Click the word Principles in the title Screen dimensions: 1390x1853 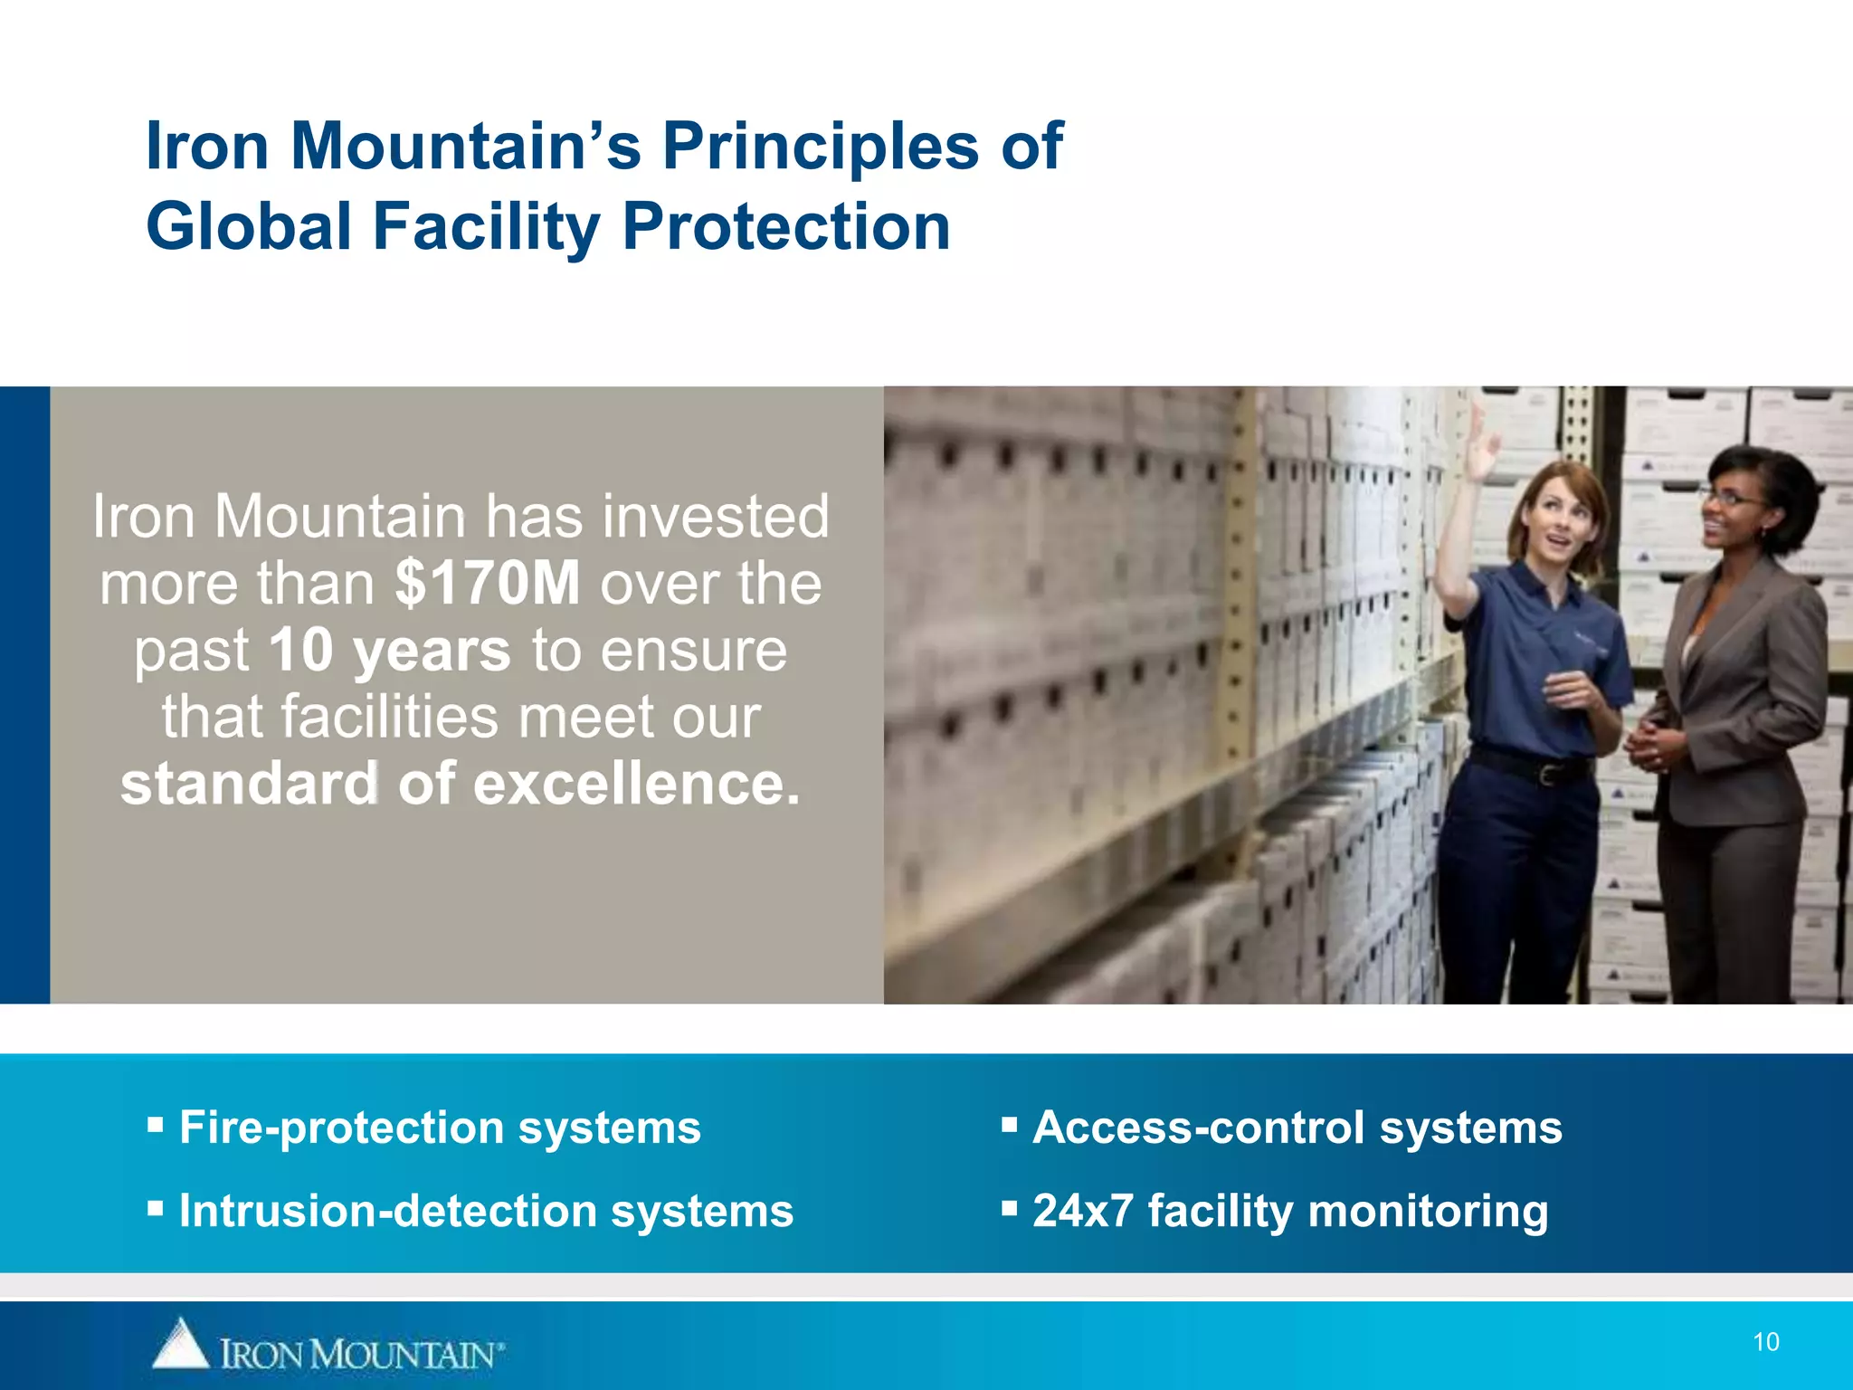point(820,147)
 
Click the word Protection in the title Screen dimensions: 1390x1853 point(786,226)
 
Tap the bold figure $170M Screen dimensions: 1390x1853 point(487,584)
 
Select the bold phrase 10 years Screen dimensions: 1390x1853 point(389,651)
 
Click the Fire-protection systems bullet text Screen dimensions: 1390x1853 point(440,1128)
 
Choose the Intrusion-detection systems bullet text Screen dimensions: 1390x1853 point(486,1211)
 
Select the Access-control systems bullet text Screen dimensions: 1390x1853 point(1297,1128)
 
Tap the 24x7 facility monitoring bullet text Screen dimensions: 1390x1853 point(1289,1211)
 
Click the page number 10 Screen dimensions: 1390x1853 point(1765,1342)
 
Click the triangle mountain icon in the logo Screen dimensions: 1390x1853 point(181,1345)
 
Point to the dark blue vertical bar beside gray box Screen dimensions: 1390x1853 point(24,695)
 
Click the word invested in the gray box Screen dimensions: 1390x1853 point(715,517)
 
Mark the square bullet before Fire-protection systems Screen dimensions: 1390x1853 point(156,1125)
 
